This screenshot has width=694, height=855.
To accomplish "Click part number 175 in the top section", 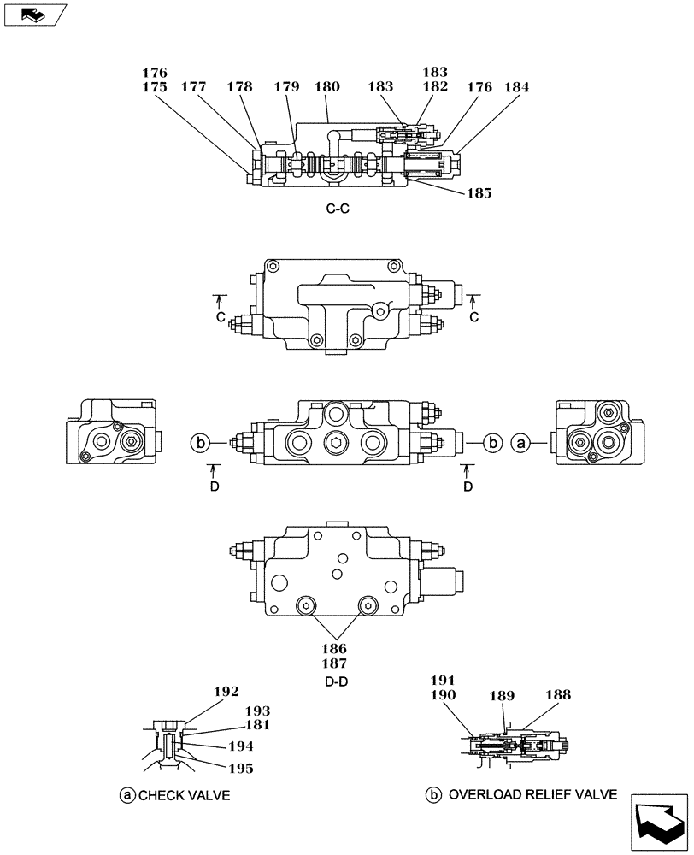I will pyautogui.click(x=155, y=86).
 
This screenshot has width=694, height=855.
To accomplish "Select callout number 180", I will pyautogui.click(x=326, y=86).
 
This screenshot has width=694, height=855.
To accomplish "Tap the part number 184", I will pyautogui.click(x=516, y=86).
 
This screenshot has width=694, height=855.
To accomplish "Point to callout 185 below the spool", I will pyautogui.click(x=479, y=193).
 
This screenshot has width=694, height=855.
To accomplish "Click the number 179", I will pyautogui.click(x=287, y=86).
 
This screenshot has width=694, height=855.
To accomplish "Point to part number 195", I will pyautogui.click(x=240, y=768).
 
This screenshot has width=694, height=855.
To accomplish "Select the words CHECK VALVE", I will pyautogui.click(x=185, y=795).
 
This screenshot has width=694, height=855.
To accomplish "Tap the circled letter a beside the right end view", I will pyautogui.click(x=520, y=442).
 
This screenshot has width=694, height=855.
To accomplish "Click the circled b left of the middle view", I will pyautogui.click(x=198, y=442).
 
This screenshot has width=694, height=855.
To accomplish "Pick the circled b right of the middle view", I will pyautogui.click(x=492, y=442).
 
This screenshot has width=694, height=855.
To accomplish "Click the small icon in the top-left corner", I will pyautogui.click(x=32, y=13).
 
